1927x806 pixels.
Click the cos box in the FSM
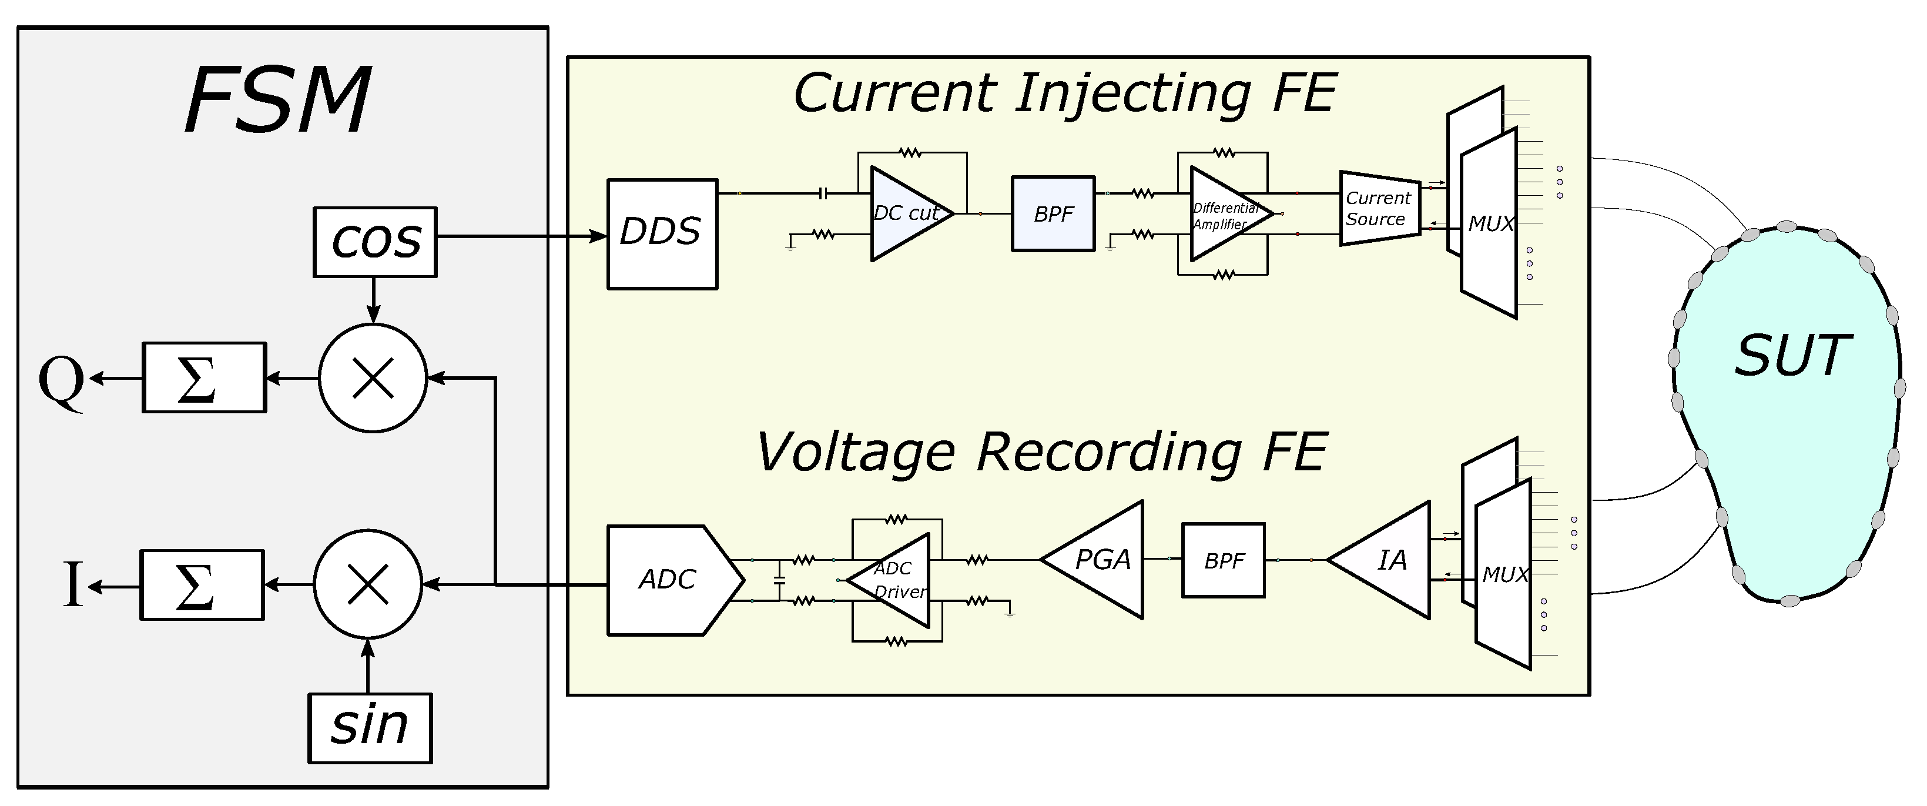tap(375, 242)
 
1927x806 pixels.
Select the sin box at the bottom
tap(370, 727)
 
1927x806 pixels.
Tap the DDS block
tap(662, 233)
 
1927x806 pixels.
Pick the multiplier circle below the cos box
tap(373, 378)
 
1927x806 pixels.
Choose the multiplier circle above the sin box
tap(368, 584)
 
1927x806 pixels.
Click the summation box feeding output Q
tap(205, 378)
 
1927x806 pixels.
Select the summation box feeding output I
tap(202, 584)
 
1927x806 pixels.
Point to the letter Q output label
tap(61, 380)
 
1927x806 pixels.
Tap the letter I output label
tap(72, 584)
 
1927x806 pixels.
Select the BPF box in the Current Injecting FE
tap(1053, 214)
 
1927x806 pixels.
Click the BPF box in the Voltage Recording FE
tap(1223, 560)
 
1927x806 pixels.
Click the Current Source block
tap(1379, 209)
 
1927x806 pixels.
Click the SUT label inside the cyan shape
tap(1792, 357)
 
